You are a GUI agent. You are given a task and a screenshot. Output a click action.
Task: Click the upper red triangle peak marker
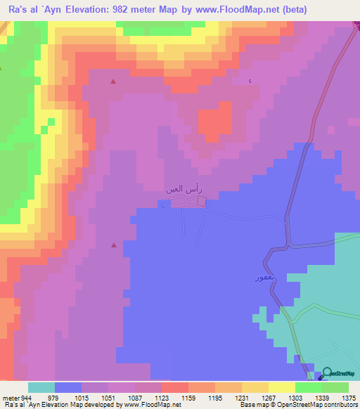[x=113, y=82]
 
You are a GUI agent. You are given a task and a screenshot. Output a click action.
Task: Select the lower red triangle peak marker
[x=113, y=245]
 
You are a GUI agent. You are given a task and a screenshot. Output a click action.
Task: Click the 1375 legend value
[x=348, y=398]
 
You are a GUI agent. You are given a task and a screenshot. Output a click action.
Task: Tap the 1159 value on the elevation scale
[x=188, y=398]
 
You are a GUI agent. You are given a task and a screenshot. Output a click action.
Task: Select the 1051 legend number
[x=108, y=398]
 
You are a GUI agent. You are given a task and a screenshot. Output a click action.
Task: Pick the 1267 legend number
[x=268, y=398]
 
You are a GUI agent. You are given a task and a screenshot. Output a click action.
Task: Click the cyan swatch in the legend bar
[x=41, y=387]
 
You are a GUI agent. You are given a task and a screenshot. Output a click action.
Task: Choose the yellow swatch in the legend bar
[x=281, y=387]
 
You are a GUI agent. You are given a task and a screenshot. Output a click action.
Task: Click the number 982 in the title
[x=131, y=9]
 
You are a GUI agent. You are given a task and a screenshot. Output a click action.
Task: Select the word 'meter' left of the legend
[x=9, y=398]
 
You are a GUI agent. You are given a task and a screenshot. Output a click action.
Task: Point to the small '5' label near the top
[x=250, y=82]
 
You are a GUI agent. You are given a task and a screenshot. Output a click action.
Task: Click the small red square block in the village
[x=202, y=202]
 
